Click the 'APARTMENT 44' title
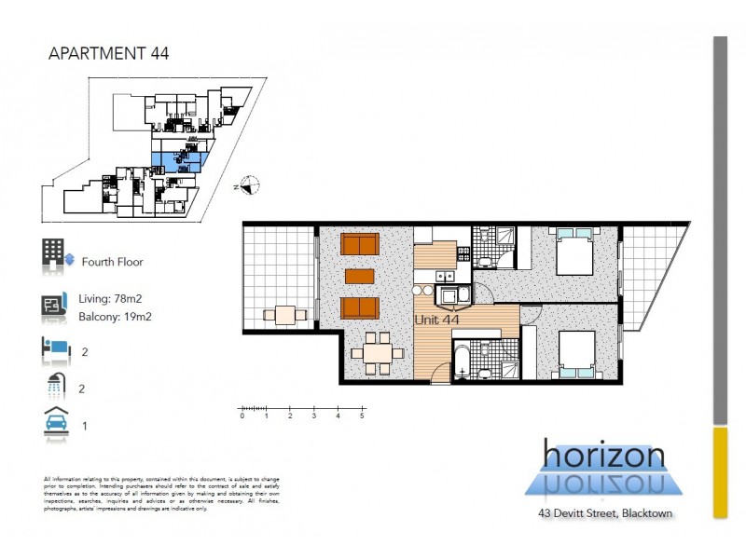(108, 53)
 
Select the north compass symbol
(248, 185)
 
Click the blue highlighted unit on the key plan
(177, 158)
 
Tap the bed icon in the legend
(56, 348)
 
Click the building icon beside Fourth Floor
(52, 254)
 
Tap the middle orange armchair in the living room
(358, 277)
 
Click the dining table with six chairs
(378, 352)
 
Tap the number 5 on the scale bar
(362, 416)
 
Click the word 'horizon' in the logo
(604, 456)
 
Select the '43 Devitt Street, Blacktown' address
(604, 513)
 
